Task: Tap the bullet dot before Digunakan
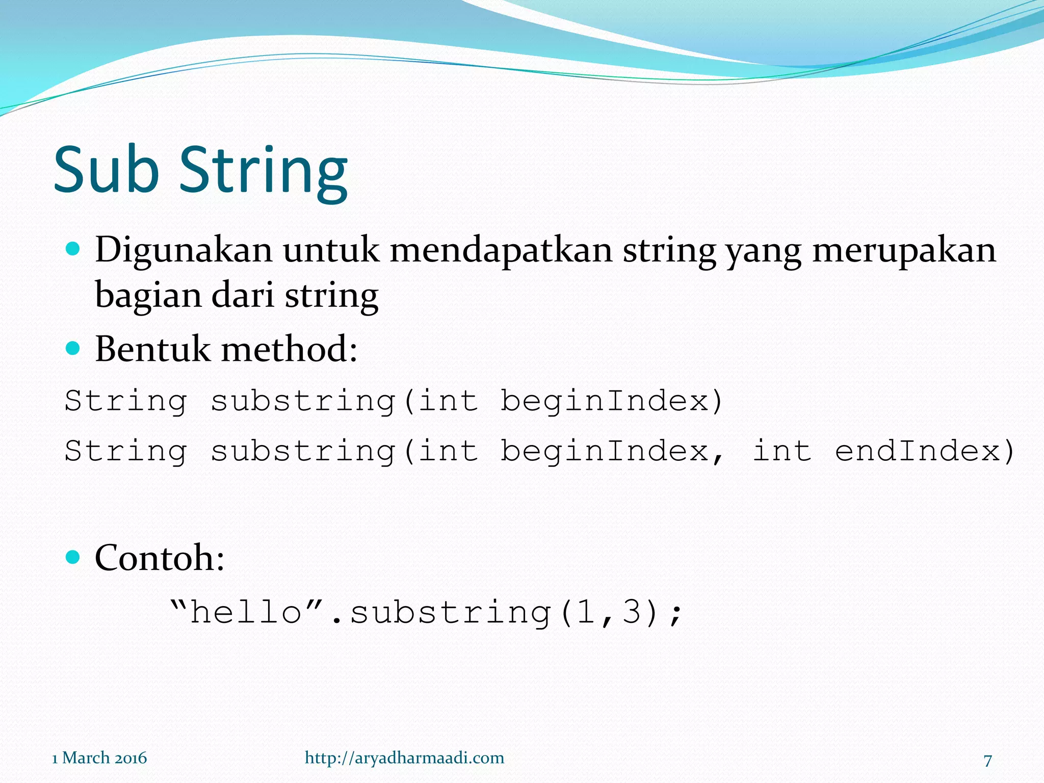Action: click(73, 249)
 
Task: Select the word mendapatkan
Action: click(501, 250)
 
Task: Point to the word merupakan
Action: click(904, 250)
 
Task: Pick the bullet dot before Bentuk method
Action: click(73, 349)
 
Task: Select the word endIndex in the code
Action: click(918, 451)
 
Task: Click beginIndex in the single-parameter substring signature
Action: click(605, 401)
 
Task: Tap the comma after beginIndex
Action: click(718, 458)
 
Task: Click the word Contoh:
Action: click(160, 558)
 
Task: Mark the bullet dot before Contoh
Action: click(73, 557)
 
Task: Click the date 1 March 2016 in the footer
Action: click(99, 758)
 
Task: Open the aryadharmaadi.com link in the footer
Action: click(404, 758)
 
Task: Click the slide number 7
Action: click(987, 760)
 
